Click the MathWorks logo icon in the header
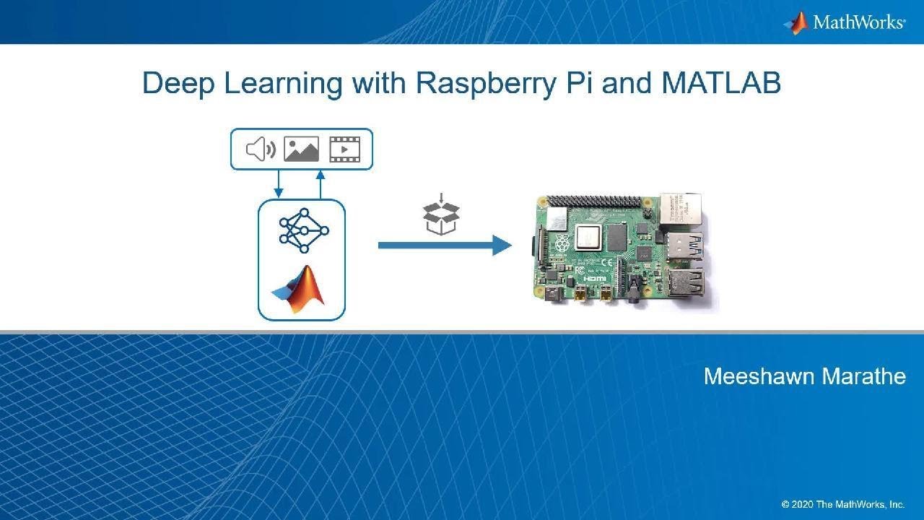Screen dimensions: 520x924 pyautogui.click(x=797, y=22)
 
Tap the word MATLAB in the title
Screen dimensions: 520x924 pyautogui.click(x=721, y=84)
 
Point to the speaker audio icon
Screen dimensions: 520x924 pyautogui.click(x=261, y=149)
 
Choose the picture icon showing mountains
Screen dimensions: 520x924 pyautogui.click(x=301, y=149)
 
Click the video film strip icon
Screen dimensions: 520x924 pyautogui.click(x=344, y=149)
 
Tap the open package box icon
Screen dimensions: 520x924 pyautogui.click(x=441, y=216)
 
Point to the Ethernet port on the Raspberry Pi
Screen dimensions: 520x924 pyautogui.click(x=679, y=209)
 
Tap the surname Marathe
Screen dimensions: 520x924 pyautogui.click(x=865, y=376)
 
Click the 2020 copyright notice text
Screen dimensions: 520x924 pyautogui.click(x=842, y=504)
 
